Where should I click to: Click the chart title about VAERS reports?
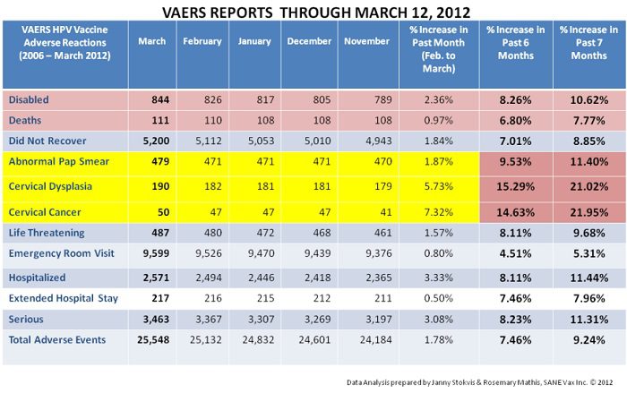313,13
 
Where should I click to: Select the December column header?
309,41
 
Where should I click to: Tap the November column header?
364,41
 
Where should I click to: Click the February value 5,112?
203,140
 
